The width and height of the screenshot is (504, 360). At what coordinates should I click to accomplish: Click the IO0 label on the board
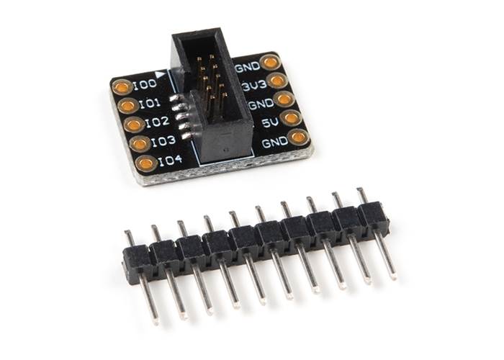[145, 84]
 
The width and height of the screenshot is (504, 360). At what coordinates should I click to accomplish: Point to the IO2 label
[157, 122]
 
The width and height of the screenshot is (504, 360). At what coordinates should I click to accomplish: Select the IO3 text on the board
[163, 141]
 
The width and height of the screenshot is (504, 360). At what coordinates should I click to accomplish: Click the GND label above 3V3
[248, 67]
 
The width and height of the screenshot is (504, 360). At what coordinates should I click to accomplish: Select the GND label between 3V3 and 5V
[261, 104]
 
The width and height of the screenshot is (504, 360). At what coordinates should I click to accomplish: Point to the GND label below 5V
[275, 142]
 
